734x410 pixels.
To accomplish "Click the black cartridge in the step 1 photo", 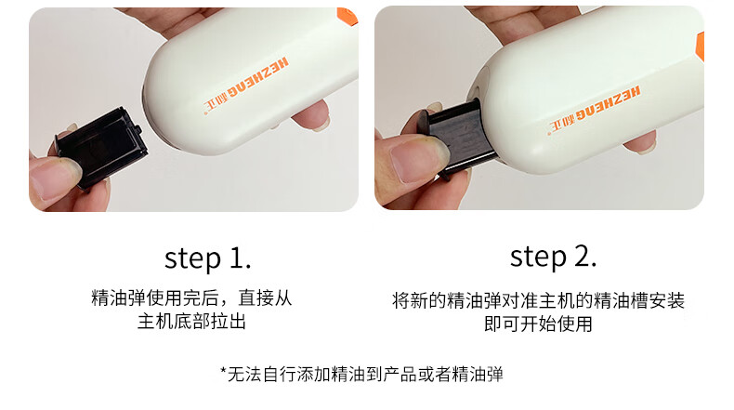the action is click(x=100, y=148).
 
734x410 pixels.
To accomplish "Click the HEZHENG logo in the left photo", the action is click(x=246, y=86).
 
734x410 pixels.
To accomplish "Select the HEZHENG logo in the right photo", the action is click(x=595, y=111).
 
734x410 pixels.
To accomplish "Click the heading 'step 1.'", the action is click(x=208, y=258).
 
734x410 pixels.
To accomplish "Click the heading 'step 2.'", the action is click(x=554, y=258).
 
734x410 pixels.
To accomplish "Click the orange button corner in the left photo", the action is click(x=347, y=15).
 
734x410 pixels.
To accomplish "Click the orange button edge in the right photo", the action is click(x=701, y=46).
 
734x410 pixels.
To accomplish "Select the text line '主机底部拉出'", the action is click(x=191, y=322).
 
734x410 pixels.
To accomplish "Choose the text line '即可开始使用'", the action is click(x=538, y=324).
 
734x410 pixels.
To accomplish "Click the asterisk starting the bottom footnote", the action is click(x=223, y=370).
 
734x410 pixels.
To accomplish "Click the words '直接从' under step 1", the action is click(x=266, y=298).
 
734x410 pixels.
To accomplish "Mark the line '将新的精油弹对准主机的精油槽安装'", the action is click(x=538, y=301).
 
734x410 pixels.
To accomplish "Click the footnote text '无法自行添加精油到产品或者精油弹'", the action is click(x=365, y=375).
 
